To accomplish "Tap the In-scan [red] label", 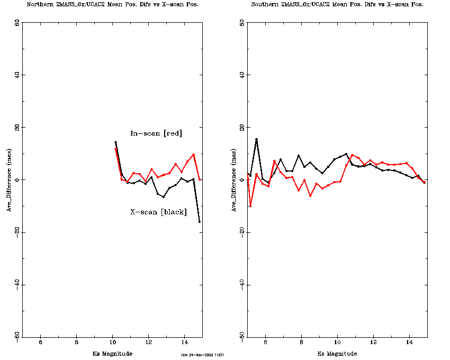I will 156,133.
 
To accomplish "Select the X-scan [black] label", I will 158,212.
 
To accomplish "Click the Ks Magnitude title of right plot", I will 337,354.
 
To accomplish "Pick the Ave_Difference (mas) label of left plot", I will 9,180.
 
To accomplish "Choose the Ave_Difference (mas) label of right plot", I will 234,180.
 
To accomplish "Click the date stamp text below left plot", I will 203,355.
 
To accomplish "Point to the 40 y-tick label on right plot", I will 242,75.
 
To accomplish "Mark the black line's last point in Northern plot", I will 200,221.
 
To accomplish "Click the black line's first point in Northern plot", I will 115,142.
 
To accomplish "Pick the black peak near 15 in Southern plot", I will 256,140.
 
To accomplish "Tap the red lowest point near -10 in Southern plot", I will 250,206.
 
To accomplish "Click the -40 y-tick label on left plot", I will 17,285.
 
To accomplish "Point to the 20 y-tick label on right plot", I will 242,128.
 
